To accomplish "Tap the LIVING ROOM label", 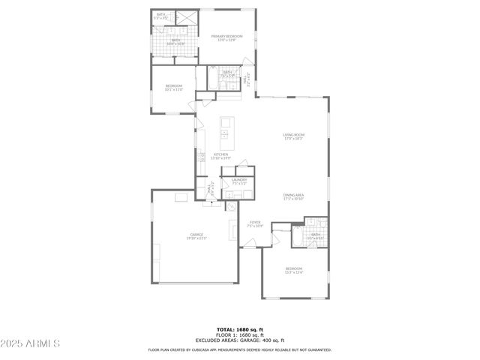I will click(x=293, y=137).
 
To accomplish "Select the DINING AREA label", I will click(x=293, y=197).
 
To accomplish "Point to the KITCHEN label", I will click(x=220, y=156).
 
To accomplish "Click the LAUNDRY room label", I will click(x=239, y=181).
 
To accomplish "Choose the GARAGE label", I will click(x=196, y=236).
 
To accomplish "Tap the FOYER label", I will click(x=255, y=223).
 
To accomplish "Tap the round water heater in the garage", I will click(x=231, y=206).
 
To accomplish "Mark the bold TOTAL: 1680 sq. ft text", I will click(x=239, y=329).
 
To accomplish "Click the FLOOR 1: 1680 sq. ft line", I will click(x=239, y=334).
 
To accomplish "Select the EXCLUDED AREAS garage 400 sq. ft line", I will click(x=239, y=340).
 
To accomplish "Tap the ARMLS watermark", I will click(x=31, y=343).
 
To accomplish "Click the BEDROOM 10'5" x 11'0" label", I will click(x=174, y=88).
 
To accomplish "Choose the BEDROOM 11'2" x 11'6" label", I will click(x=293, y=270).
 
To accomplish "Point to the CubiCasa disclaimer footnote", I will click(x=239, y=349).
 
